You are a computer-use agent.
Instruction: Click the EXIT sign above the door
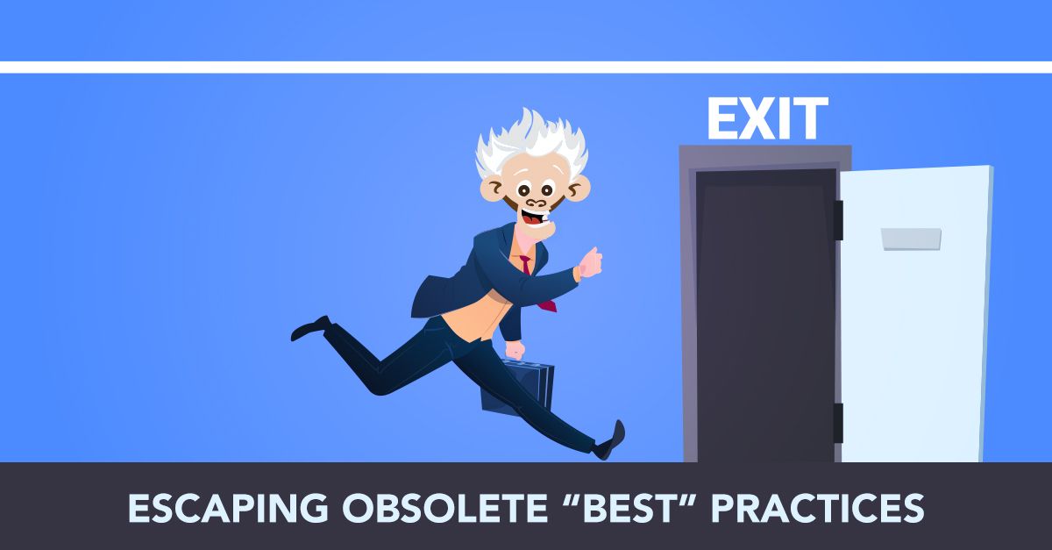[x=767, y=118]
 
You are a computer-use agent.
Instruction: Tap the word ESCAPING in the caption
[x=228, y=508]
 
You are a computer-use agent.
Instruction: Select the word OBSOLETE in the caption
[x=444, y=508]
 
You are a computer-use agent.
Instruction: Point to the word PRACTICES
[x=818, y=508]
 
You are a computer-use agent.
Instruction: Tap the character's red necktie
[x=537, y=283]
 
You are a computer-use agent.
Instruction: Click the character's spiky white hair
[x=531, y=141]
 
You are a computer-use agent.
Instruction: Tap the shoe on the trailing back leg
[x=310, y=328]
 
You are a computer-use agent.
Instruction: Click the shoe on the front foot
[x=611, y=440]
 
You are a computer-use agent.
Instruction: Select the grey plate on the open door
[x=911, y=239]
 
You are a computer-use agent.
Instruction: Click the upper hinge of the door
[x=838, y=220]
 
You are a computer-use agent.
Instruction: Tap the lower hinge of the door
[x=838, y=423]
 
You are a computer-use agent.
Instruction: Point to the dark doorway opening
[x=766, y=316]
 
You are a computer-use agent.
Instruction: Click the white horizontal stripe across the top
[x=526, y=68]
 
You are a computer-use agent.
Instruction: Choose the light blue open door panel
[x=916, y=313]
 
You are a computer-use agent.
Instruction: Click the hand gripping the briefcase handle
[x=515, y=350]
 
